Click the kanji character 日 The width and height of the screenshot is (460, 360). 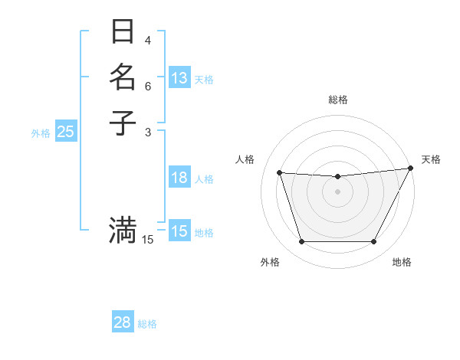click(123, 32)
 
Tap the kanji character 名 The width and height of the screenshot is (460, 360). click(123, 77)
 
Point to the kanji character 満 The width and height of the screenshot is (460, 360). click(123, 229)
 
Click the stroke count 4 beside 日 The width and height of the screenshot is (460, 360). click(148, 41)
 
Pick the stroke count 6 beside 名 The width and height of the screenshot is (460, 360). click(148, 86)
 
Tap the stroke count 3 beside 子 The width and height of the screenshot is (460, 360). click(148, 131)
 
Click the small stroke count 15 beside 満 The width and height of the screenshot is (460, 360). click(148, 240)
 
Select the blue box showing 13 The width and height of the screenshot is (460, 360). click(179, 78)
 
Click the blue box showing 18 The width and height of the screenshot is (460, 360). click(179, 178)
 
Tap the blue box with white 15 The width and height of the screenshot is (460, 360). click(179, 231)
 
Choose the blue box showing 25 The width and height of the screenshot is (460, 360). click(66, 132)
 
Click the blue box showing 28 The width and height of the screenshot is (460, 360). click(122, 323)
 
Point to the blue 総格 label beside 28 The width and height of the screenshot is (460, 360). click(147, 324)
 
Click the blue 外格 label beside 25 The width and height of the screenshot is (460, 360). click(41, 133)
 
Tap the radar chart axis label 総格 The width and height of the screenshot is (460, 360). click(337, 100)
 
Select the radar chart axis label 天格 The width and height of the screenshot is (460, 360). click(431, 159)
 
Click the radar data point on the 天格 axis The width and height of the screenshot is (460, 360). click(410, 169)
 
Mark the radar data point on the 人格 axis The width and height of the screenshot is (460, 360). click(279, 173)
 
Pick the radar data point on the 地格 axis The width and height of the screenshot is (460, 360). click(373, 242)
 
